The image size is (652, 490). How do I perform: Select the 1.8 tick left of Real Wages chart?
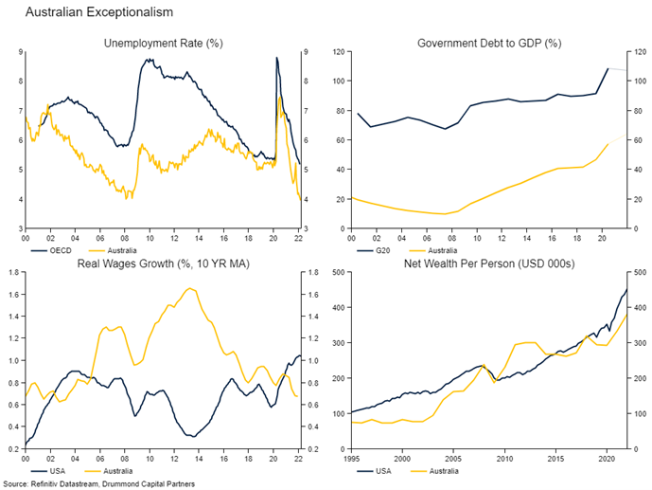14,273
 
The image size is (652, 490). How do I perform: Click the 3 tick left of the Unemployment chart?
18,228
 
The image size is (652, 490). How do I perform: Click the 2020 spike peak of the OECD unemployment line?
276,58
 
